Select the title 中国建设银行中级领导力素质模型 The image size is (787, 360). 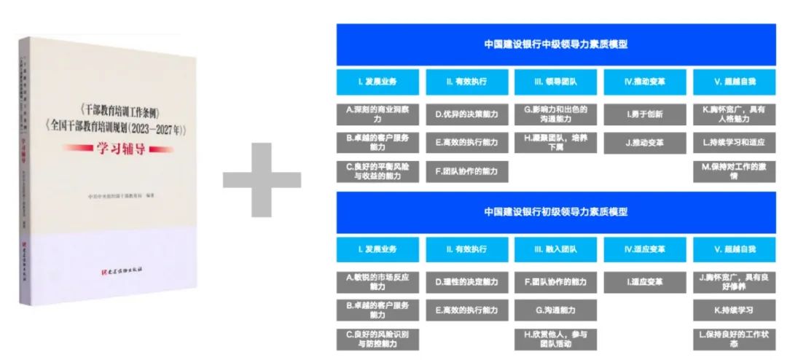[555, 44]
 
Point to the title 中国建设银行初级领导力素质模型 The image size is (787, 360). [555, 212]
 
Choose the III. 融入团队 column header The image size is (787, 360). [555, 249]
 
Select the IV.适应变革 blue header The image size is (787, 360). [644, 249]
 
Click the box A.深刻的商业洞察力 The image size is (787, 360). [377, 114]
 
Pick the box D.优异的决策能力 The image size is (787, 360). [466, 114]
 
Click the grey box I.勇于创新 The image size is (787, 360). [644, 114]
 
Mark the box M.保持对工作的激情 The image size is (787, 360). [734, 171]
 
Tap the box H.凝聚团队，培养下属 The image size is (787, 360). [555, 142]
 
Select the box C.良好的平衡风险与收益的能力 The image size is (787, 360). [377, 171]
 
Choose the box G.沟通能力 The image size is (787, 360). [555, 310]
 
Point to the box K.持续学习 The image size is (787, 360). [734, 310]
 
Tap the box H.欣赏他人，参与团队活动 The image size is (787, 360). [555, 338]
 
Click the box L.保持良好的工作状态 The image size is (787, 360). [734, 338]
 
